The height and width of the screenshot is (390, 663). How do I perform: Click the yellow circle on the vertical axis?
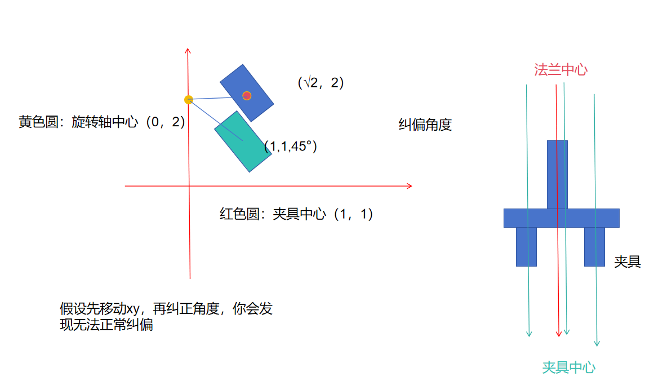pos(189,100)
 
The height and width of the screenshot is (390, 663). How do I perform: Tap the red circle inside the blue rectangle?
pos(247,96)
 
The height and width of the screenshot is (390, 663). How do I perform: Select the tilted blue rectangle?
pos(246,92)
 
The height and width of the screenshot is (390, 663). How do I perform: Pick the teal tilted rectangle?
pos(243,141)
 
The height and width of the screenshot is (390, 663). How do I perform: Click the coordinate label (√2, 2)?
pos(321,83)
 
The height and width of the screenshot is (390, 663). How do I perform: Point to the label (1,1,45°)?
pos(291,147)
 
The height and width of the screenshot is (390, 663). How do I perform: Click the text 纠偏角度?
pos(425,125)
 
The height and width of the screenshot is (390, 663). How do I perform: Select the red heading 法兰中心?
pos(560,70)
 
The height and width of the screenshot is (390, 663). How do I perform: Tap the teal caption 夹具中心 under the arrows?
pos(568,367)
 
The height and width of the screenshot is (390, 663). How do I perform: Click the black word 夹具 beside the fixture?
pos(628,262)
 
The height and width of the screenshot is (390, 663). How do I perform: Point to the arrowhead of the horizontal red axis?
pos(410,186)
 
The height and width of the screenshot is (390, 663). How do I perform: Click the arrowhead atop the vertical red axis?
pos(188,51)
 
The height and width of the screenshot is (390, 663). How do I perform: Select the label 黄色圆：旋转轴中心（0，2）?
pos(102,122)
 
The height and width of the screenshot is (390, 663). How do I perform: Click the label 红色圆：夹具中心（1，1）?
pos(296,214)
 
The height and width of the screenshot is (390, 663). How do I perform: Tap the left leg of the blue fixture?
pos(526,246)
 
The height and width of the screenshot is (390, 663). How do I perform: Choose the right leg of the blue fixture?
pos(594,246)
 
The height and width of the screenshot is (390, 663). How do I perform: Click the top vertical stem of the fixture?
pos(557,174)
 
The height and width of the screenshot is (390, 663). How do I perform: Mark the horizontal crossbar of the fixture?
pos(561,218)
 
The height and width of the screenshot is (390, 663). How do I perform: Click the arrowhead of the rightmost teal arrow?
pos(597,343)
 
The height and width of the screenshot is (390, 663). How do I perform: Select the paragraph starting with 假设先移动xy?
pos(166,317)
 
